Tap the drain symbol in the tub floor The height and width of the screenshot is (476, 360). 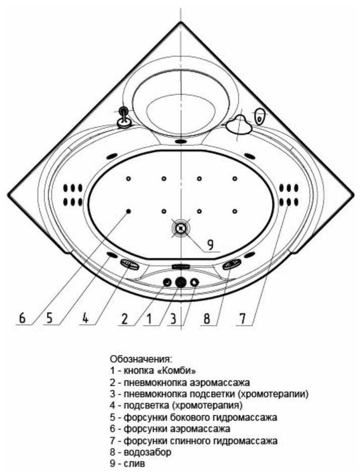pyautogui.click(x=181, y=228)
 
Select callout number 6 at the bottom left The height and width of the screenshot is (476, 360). pyautogui.click(x=22, y=318)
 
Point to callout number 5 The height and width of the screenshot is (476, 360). pyautogui.click(x=49, y=318)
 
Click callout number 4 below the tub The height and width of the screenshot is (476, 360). pyautogui.click(x=86, y=318)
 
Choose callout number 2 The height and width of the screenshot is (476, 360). pyautogui.click(x=124, y=318)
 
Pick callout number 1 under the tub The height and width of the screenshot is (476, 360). pyautogui.click(x=148, y=318)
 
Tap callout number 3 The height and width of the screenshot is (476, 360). pyautogui.click(x=172, y=318)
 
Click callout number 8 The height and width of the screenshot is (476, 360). pyautogui.click(x=205, y=318)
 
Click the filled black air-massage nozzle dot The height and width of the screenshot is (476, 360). pyautogui.click(x=129, y=211)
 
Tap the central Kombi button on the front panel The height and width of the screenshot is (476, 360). pyautogui.click(x=181, y=282)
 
